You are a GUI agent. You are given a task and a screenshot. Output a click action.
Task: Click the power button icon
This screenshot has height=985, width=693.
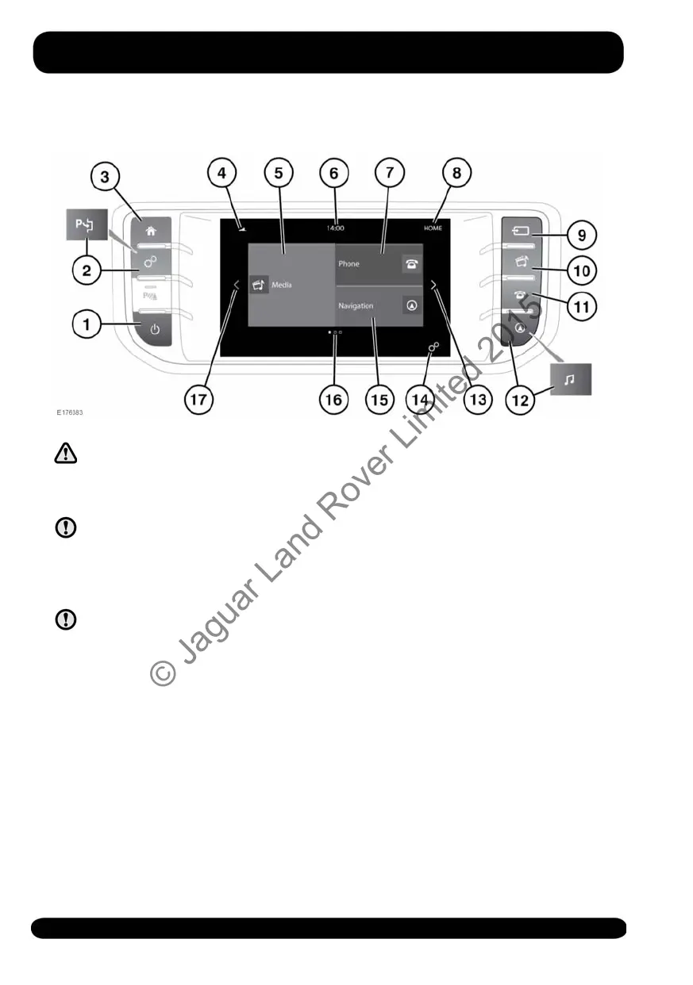(155, 332)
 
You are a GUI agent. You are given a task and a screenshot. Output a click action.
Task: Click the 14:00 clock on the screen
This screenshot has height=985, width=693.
(335, 228)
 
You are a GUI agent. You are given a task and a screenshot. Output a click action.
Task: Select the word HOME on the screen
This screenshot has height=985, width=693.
(433, 228)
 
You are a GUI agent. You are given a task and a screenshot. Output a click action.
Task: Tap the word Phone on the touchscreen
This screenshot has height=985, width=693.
(348, 264)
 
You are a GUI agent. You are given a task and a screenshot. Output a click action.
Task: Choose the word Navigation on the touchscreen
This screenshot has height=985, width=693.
(356, 305)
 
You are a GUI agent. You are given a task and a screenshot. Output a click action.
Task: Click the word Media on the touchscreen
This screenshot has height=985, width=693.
(281, 284)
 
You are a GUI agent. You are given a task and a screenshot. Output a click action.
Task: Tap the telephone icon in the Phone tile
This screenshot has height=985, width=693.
(411, 265)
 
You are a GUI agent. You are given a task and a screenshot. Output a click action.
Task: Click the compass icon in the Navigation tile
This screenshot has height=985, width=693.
(411, 305)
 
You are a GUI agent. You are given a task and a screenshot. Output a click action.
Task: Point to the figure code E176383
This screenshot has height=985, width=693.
(69, 413)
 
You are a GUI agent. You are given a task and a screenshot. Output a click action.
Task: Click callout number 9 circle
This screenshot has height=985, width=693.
(582, 235)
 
